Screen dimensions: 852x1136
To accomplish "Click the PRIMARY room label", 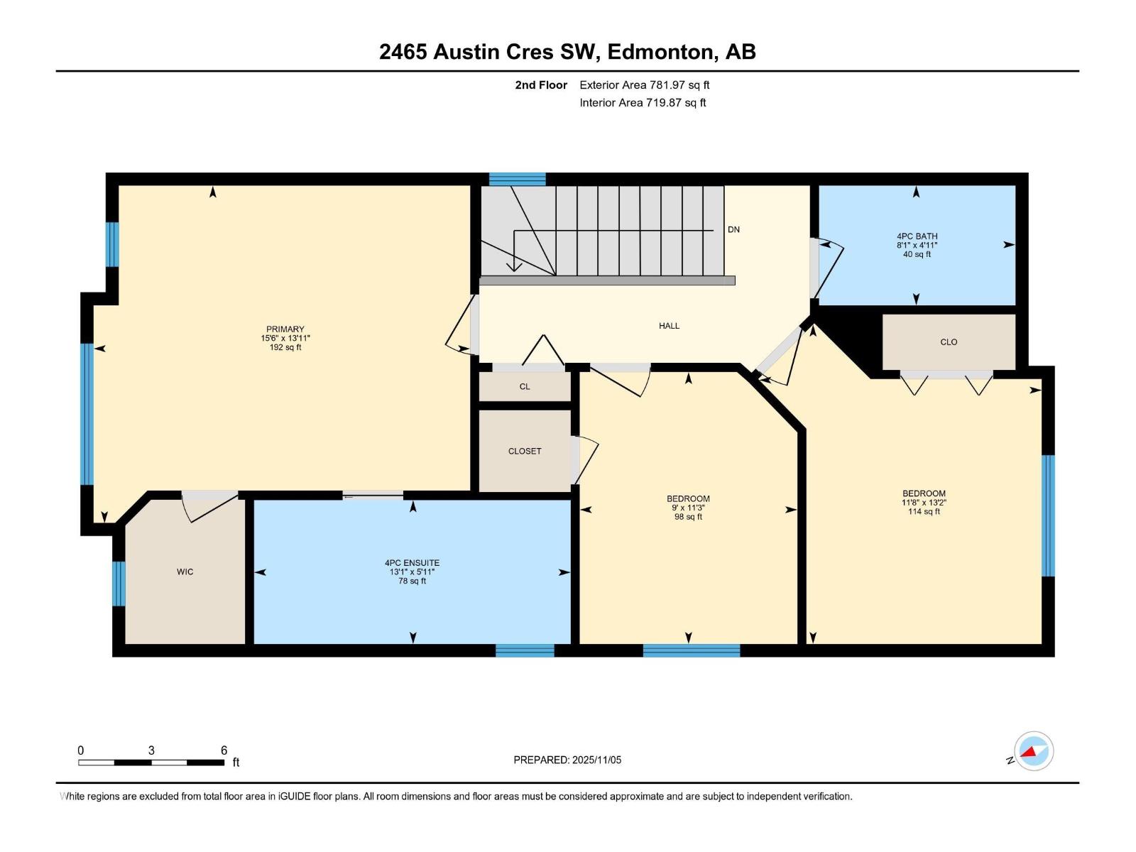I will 285,329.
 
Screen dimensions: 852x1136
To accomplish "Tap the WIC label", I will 185,572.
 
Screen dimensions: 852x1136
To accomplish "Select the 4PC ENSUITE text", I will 412,563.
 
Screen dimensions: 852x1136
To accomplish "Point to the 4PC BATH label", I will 917,236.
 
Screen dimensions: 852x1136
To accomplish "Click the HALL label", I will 669,326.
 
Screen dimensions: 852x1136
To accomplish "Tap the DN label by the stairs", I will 733,229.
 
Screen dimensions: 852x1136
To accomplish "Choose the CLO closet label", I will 949,342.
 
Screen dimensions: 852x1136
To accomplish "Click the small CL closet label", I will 525,387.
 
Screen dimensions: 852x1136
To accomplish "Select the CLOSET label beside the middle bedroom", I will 525,452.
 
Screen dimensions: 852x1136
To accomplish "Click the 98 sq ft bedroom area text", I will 688,517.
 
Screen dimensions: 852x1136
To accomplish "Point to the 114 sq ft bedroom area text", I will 924,511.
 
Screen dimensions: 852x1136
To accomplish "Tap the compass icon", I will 1034,751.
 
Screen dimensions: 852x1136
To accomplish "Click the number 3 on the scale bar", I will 151,750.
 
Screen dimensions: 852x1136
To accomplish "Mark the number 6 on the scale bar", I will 224,750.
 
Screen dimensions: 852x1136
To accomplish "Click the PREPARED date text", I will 567,760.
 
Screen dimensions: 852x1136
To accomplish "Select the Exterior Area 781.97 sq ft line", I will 644,85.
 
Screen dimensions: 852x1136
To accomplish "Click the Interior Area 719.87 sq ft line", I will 643,103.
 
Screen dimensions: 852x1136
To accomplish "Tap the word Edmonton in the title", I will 660,52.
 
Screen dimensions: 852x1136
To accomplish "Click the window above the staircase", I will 517,179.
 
